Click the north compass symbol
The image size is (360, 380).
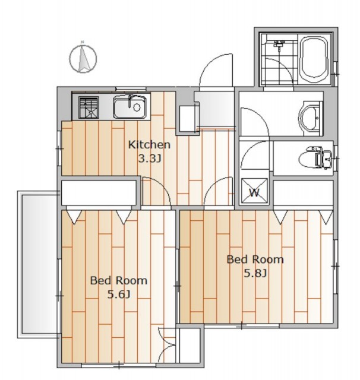pyautogui.click(x=83, y=58)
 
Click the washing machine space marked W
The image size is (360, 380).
pyautogui.click(x=254, y=191)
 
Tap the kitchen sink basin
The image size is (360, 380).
pyautogui.click(x=130, y=106)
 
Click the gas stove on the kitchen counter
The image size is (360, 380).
pyautogui.click(x=89, y=107)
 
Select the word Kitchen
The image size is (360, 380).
pyautogui.click(x=149, y=145)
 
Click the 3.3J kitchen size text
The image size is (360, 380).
pyautogui.click(x=150, y=159)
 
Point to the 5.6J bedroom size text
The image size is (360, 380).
pyautogui.click(x=119, y=294)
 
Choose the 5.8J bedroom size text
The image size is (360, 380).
pyautogui.click(x=255, y=274)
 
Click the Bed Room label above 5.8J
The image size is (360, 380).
pyautogui.click(x=255, y=259)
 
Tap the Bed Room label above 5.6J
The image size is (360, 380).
pyautogui.click(x=119, y=281)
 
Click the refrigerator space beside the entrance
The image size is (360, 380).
pyautogui.click(x=187, y=119)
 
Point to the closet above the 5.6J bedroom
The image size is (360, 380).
pyautogui.click(x=99, y=192)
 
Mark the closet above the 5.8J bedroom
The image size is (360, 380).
pyautogui.click(x=304, y=192)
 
